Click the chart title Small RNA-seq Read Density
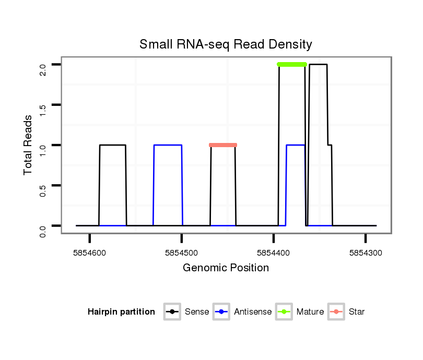226,44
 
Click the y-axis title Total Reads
29,145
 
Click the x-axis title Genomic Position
226,268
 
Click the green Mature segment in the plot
292,64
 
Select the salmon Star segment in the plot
223,145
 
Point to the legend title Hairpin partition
121,312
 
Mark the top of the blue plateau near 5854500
168,145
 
